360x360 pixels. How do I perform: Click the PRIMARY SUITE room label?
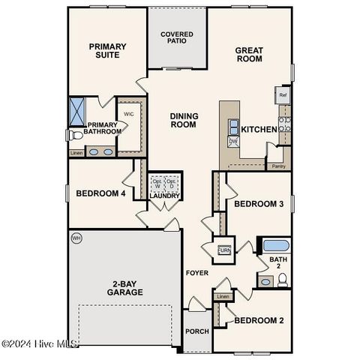[x=108, y=51]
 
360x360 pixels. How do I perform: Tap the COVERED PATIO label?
[x=177, y=38]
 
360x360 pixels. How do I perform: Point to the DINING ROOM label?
[x=183, y=120]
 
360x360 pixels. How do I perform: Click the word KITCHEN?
[x=259, y=130]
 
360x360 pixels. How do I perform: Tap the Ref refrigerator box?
[x=283, y=95]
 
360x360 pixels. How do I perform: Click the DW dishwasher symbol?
[x=233, y=140]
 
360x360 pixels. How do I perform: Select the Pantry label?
[x=278, y=166]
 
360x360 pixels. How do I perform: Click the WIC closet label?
[x=128, y=115]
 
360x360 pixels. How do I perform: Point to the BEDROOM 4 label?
[x=100, y=194]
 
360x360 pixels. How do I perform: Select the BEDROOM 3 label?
[x=259, y=204]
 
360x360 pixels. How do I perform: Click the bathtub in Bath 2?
[x=275, y=245]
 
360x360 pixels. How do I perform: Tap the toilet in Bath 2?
[x=283, y=280]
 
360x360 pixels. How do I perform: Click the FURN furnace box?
[x=223, y=250]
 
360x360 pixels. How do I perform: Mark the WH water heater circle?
[x=76, y=238]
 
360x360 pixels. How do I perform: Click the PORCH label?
[x=198, y=331]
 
